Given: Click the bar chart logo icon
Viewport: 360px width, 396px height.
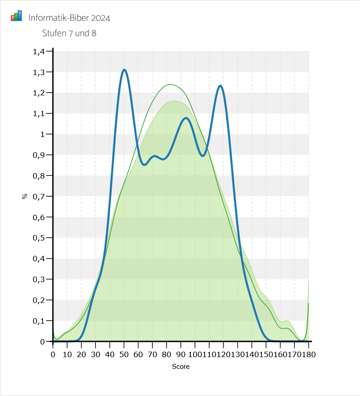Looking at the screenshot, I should pyautogui.click(x=16, y=16).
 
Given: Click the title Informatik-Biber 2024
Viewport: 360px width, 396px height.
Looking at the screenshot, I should pyautogui.click(x=69, y=18).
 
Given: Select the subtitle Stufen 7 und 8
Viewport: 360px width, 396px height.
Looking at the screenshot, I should pyautogui.click(x=69, y=33).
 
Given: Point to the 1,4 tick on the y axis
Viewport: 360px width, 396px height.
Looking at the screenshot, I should pyautogui.click(x=39, y=52).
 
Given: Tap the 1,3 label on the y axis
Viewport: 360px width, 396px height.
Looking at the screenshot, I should pyautogui.click(x=39, y=72).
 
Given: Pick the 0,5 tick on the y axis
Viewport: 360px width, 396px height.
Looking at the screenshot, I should pyautogui.click(x=39, y=238).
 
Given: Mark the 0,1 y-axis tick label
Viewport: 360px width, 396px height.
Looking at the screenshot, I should pyautogui.click(x=39, y=321).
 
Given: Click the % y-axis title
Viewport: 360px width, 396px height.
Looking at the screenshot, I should pyautogui.click(x=25, y=196).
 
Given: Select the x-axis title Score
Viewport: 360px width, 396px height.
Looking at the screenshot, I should pyautogui.click(x=180, y=367).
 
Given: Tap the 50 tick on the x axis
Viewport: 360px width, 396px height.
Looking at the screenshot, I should pyautogui.click(x=124, y=354).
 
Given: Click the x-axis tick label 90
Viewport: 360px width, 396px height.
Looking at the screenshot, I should pyautogui.click(x=181, y=354).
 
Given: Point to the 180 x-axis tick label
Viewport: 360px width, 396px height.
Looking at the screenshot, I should pyautogui.click(x=308, y=354).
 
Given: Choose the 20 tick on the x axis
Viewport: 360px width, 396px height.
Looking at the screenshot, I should pyautogui.click(x=81, y=354).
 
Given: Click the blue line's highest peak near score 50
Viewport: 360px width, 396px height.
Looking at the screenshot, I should pyautogui.click(x=124, y=70).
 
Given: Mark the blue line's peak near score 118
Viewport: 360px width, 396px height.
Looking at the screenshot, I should pyautogui.click(x=220, y=85).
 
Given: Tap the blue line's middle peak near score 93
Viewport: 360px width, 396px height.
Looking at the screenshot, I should pyautogui.click(x=186, y=118).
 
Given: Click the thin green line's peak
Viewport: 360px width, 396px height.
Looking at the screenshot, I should pyautogui.click(x=171, y=85).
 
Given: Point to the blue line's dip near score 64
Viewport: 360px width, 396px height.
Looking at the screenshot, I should pyautogui.click(x=144, y=165).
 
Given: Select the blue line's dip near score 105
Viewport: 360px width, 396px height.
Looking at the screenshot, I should pyautogui.click(x=203, y=156).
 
